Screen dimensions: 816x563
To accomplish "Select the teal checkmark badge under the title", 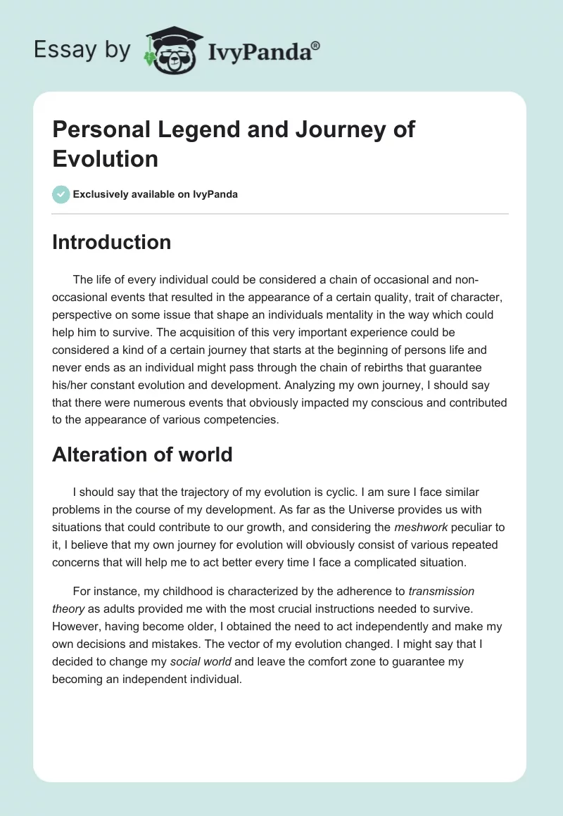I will (61, 194).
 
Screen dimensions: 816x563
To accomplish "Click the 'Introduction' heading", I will (112, 242).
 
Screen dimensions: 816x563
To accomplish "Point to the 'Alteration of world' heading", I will (142, 454).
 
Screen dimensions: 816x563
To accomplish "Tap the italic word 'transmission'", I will (441, 592).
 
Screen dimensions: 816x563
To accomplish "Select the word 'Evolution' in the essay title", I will (106, 158).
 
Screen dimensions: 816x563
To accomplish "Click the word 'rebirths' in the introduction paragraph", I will (403, 367).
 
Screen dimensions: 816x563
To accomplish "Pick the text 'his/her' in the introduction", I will (70, 384).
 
